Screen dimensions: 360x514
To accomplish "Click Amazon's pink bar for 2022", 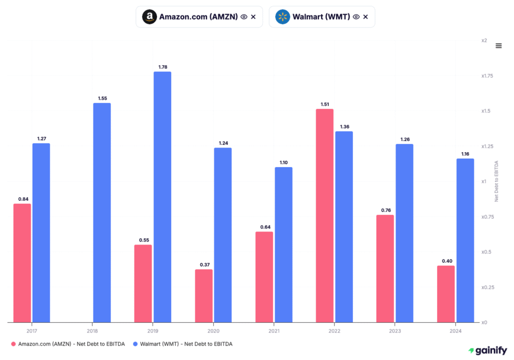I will (x=325, y=216).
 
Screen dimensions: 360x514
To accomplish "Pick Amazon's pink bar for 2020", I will (x=204, y=296).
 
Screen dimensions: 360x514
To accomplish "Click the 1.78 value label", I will (x=162, y=67).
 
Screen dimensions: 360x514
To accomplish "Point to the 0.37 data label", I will (x=204, y=265).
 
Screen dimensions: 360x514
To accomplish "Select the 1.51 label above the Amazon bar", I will (x=325, y=104).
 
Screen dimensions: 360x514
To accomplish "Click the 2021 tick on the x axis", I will (x=274, y=331).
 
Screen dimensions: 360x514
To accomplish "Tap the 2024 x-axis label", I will (x=455, y=331).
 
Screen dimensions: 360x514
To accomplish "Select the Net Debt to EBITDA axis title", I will (x=497, y=181).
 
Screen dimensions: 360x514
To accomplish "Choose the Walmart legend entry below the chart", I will (x=183, y=344).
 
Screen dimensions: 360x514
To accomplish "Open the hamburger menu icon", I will (x=498, y=46).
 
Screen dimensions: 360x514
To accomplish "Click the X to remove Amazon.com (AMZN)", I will (x=253, y=17).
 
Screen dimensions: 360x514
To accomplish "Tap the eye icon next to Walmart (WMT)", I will (x=356, y=17).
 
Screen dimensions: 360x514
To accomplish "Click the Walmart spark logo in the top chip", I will (x=283, y=17).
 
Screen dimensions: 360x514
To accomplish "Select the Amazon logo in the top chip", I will (x=149, y=17).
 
